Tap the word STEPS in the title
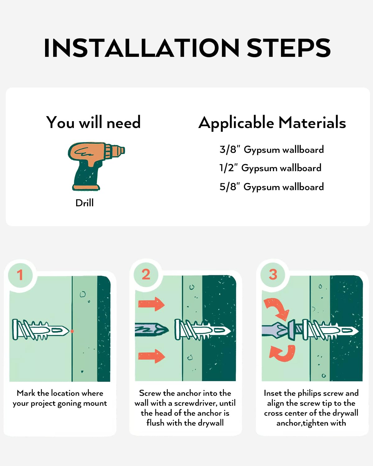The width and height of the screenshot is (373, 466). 288,48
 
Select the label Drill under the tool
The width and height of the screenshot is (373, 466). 85,203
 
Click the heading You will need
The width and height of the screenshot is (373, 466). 93,122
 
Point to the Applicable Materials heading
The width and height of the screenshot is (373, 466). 272,123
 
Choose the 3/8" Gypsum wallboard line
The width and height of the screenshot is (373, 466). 272,150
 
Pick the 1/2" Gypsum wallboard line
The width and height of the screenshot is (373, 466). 270,168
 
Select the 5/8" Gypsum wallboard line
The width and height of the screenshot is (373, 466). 272,187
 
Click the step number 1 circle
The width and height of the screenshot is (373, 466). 21,275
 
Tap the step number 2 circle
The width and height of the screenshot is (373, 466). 146,275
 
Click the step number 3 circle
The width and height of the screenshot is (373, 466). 273,275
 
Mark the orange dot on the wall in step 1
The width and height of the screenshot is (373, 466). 72,331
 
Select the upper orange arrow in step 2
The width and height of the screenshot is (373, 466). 151,304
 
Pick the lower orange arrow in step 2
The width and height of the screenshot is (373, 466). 152,356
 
